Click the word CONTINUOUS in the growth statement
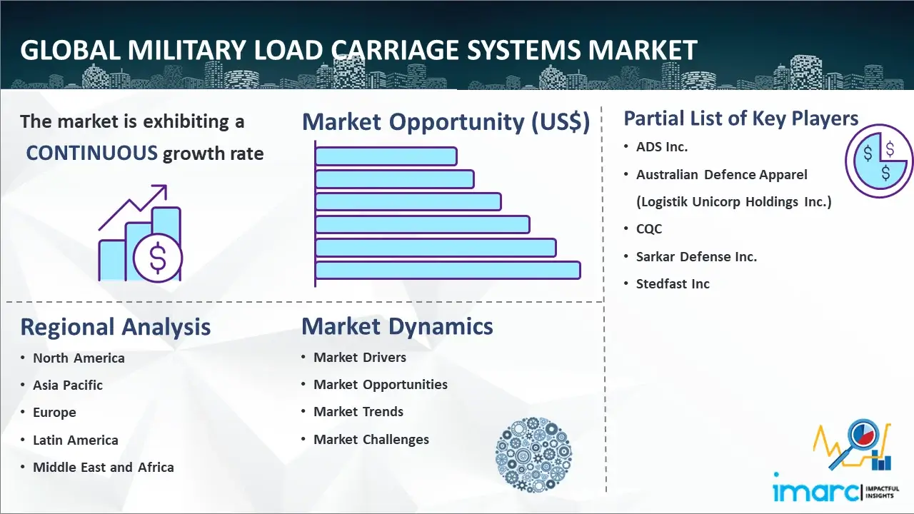pyautogui.click(x=91, y=153)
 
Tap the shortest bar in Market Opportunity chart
pyautogui.click(x=386, y=156)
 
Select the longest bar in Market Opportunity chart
pyautogui.click(x=448, y=270)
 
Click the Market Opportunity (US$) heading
pyautogui.click(x=446, y=122)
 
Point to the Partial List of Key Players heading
pyautogui.click(x=740, y=118)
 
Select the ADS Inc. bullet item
pyautogui.click(x=662, y=147)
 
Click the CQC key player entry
pyautogui.click(x=649, y=229)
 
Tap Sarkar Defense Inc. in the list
pyautogui.click(x=696, y=256)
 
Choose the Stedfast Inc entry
pyautogui.click(x=673, y=284)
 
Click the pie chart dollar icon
pyautogui.click(x=879, y=161)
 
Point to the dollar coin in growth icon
pyautogui.click(x=157, y=258)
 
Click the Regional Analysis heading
pyautogui.click(x=115, y=327)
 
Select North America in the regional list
pyautogui.click(x=79, y=358)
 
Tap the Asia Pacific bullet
pyautogui.click(x=68, y=385)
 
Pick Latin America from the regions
pyautogui.click(x=75, y=440)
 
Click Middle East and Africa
pyautogui.click(x=103, y=468)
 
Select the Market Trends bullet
pyautogui.click(x=358, y=412)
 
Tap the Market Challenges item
pyautogui.click(x=371, y=440)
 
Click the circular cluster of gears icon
pyautogui.click(x=533, y=455)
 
